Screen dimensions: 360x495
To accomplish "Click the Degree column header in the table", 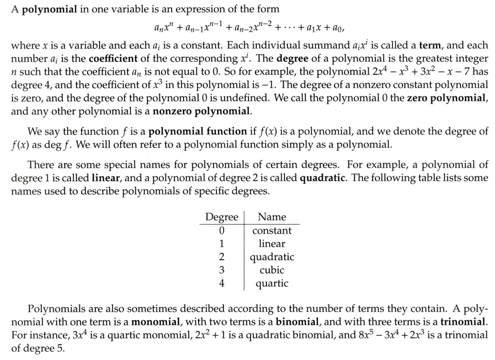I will tap(222, 217).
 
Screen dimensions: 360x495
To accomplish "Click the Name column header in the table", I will tap(272, 217).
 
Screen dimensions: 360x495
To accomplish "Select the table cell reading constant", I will tap(272, 231).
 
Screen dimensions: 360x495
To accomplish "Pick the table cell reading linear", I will tap(272, 243).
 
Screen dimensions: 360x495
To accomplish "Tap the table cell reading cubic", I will tap(272, 270).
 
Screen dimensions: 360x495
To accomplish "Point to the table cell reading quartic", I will tap(272, 283).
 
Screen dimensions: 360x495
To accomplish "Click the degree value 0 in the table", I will tap(222, 231).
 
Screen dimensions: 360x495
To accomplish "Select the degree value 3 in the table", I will tap(222, 270).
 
